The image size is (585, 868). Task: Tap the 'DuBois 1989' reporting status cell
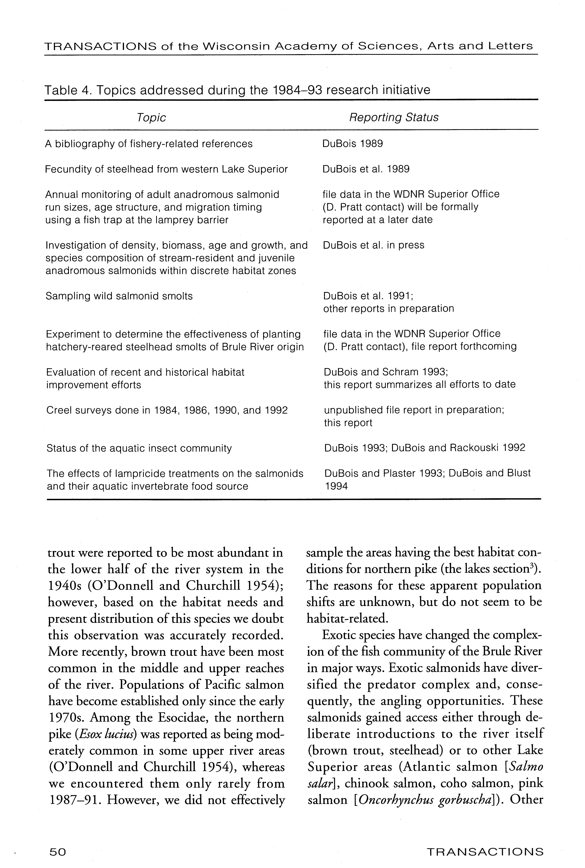point(353,144)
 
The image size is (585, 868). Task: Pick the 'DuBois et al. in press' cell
point(373,245)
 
